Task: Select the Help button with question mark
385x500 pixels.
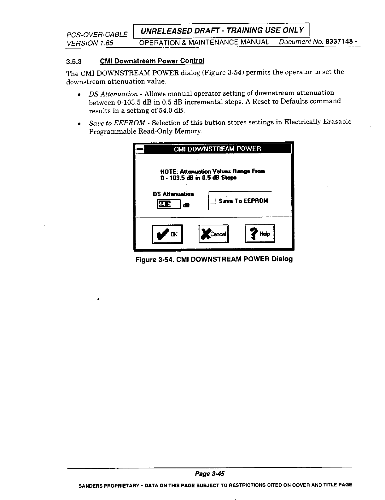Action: tap(260, 234)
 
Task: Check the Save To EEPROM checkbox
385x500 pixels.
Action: tap(213, 201)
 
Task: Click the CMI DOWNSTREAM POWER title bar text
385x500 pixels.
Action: tap(217, 149)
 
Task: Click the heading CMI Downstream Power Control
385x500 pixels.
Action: tap(152, 61)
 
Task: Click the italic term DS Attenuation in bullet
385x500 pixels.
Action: tap(113, 94)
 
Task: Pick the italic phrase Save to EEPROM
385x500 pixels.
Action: tap(117, 122)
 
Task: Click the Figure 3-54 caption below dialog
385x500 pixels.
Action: tap(214, 259)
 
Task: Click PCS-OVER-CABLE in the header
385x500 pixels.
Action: tap(97, 34)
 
